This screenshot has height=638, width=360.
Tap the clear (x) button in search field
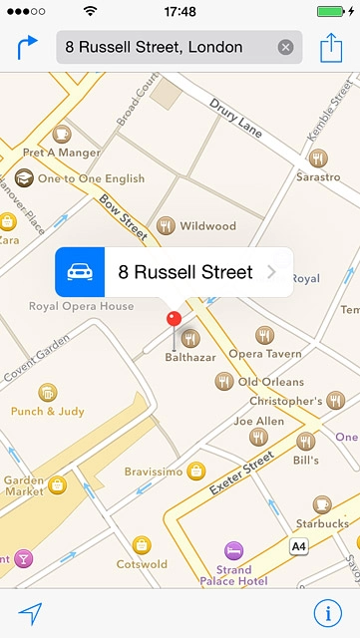click(x=286, y=47)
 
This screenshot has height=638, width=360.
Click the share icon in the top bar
click(x=331, y=47)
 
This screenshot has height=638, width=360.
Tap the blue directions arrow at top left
click(x=27, y=47)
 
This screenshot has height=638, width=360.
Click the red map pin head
click(x=174, y=319)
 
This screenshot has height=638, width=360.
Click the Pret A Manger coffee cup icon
click(x=62, y=133)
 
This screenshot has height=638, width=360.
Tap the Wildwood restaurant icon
click(x=166, y=226)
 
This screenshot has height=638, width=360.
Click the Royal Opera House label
click(x=81, y=306)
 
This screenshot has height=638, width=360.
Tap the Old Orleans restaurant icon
click(x=224, y=381)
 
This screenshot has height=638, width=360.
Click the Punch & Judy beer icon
click(x=47, y=393)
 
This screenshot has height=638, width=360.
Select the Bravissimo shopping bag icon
click(x=196, y=471)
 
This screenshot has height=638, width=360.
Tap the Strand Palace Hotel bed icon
click(x=233, y=550)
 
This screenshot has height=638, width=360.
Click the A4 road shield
click(x=298, y=546)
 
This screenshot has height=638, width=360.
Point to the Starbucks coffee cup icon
click(x=321, y=504)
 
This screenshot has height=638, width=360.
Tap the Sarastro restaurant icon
click(x=318, y=158)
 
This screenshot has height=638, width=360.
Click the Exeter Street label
click(x=241, y=475)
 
